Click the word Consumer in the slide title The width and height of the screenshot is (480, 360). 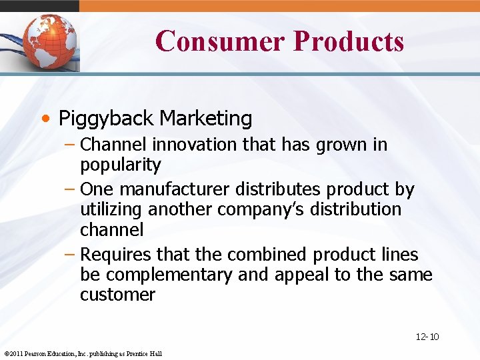(x=219, y=41)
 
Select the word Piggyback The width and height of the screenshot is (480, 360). (x=107, y=119)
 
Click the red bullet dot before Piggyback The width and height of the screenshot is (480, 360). (x=45, y=119)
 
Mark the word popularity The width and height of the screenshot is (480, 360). (x=121, y=165)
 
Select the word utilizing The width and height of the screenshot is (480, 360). (x=111, y=209)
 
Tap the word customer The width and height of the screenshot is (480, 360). (x=117, y=294)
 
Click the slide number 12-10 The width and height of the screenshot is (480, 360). (x=427, y=337)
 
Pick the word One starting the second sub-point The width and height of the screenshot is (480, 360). (x=97, y=190)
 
